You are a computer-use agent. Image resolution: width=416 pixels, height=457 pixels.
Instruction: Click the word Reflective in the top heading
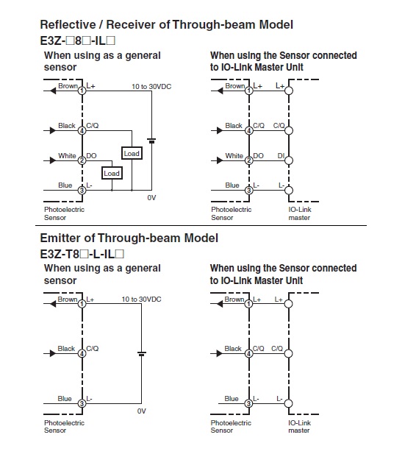coord(68,24)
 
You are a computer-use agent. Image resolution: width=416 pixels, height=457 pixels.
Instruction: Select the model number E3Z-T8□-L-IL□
coord(82,254)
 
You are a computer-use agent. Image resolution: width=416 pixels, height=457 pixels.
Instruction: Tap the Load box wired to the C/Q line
coord(132,153)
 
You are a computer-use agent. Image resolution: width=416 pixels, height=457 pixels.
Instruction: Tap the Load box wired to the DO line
coord(112,173)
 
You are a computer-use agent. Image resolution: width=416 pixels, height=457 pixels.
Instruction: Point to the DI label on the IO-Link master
coord(281,155)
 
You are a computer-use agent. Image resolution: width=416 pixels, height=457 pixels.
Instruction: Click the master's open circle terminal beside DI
coord(289,160)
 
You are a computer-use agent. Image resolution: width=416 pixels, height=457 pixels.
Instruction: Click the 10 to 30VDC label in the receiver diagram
coord(151,87)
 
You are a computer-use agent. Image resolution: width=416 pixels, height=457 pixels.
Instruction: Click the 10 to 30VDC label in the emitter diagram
coord(141,300)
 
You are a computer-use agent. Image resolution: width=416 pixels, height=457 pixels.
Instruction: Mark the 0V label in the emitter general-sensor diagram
coord(141,411)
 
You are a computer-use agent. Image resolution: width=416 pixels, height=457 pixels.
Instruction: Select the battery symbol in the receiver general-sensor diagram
coord(151,141)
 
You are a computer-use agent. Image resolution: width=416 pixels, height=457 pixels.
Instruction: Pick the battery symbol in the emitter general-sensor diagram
coord(142,354)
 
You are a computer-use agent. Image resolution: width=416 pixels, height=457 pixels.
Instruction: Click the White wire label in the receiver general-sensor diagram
coord(67,155)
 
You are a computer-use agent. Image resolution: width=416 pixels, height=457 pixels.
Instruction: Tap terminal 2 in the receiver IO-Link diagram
coord(249,160)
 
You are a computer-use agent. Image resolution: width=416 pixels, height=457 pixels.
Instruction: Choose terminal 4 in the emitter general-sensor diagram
coord(82,353)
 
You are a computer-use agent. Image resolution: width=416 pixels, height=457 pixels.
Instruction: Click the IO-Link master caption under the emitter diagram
coord(300,426)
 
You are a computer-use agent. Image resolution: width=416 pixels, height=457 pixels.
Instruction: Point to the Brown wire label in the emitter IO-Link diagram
coord(234,300)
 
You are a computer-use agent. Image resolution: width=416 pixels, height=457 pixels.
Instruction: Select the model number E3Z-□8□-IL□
coord(78,40)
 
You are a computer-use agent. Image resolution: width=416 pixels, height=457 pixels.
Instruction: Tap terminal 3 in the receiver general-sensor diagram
coord(82,191)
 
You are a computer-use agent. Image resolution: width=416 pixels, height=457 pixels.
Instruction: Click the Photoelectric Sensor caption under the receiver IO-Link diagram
coord(231,213)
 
